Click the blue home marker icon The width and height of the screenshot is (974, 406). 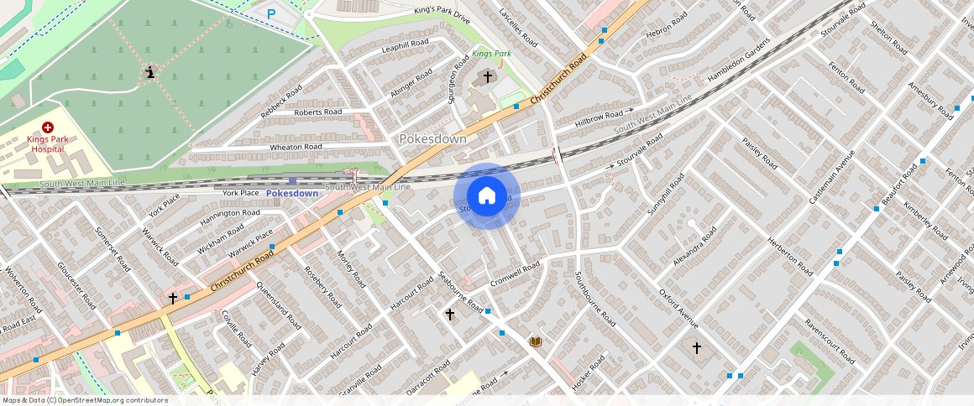coord(487,196)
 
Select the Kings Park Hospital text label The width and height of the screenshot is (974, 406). coord(47,143)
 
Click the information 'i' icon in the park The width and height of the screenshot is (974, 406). coord(150,73)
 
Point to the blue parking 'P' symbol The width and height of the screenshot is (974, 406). coord(271,13)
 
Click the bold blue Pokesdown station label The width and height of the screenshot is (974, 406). coord(292,194)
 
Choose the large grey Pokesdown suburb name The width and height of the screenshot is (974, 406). coord(432,138)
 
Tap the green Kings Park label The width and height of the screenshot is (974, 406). coord(491,54)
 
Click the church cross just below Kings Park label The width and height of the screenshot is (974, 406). coord(487,76)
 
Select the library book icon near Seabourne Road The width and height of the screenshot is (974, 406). coord(535,341)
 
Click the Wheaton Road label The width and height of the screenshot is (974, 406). coord(296,147)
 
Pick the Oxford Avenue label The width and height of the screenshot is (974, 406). coord(678,310)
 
